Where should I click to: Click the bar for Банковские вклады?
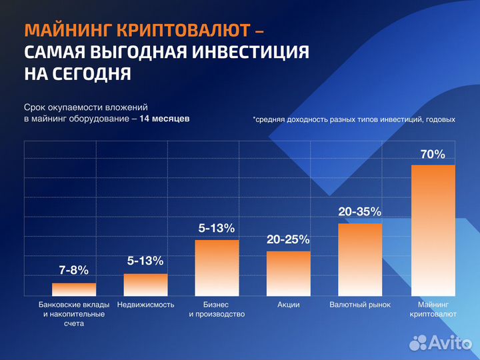point(74,289)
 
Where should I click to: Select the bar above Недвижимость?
point(145,285)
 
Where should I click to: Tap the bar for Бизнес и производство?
point(217,267)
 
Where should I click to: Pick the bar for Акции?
point(288,273)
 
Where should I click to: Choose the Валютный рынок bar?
point(360,259)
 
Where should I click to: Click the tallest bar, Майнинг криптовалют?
point(433,230)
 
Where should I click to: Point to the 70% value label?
point(433,155)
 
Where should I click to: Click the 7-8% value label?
point(74,271)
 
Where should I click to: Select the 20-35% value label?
point(360,212)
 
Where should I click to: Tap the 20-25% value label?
point(288,239)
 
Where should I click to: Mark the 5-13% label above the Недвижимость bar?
point(145,261)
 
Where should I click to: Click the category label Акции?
point(288,305)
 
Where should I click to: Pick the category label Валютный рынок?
point(360,305)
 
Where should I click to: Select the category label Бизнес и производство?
point(217,309)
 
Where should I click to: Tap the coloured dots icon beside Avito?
point(418,343)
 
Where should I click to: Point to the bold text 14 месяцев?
point(165,118)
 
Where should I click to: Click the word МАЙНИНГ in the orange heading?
point(67,31)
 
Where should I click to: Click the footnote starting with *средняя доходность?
point(354,119)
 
